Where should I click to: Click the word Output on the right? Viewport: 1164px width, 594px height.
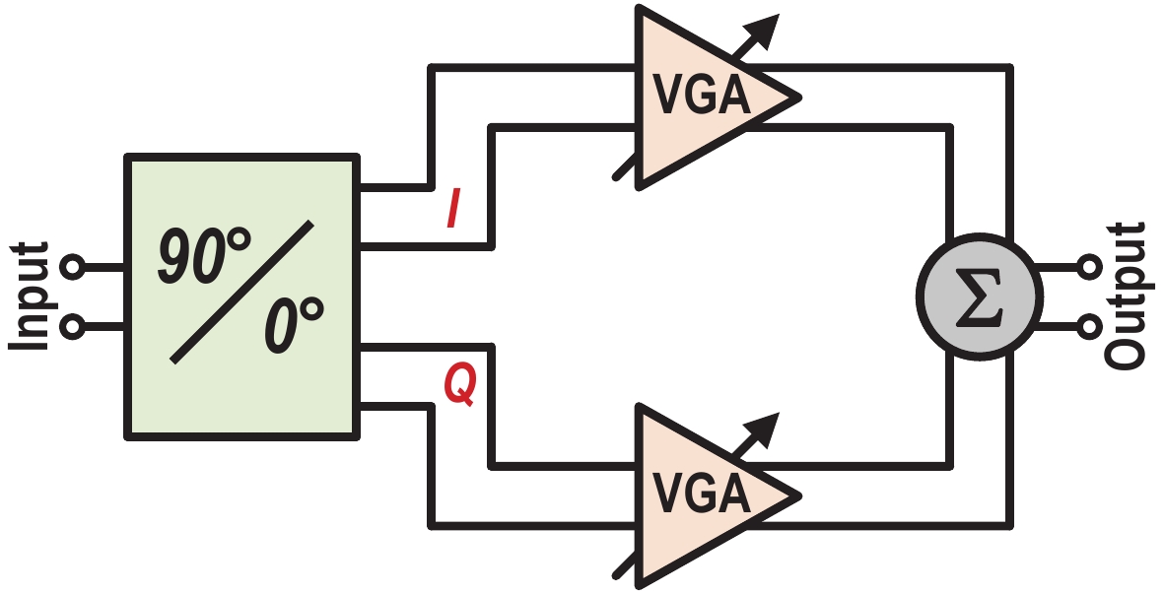[x=1127, y=296]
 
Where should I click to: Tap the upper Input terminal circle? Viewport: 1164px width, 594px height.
[x=71, y=267]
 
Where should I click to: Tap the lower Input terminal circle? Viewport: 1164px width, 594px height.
[x=71, y=324]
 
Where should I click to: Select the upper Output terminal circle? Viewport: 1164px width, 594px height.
[x=1090, y=267]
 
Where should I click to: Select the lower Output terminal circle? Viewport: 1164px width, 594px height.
[x=1090, y=324]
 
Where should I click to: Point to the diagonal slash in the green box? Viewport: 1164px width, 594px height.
[x=242, y=292]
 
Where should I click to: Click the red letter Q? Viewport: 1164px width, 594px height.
[x=459, y=384]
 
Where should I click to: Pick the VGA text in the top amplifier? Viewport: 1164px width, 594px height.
[x=702, y=96]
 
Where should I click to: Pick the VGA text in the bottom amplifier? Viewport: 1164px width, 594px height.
[x=702, y=494]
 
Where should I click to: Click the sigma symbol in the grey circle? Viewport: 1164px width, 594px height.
[x=978, y=297]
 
